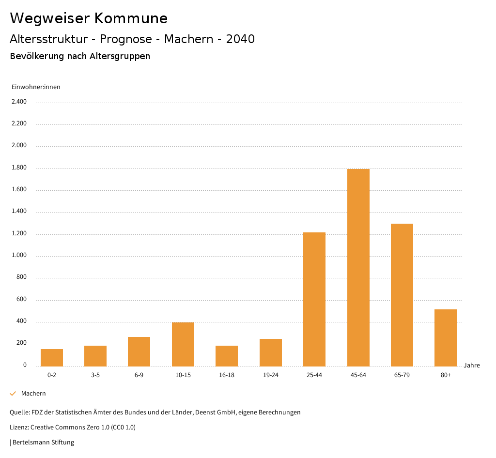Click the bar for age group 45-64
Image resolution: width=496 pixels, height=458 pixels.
coord(358,267)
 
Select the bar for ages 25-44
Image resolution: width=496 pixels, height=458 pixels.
coord(314,299)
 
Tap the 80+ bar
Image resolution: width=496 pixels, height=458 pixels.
coord(446,337)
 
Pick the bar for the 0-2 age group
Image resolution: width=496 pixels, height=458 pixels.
coord(52,357)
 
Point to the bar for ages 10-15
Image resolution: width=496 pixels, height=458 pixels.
coord(183,344)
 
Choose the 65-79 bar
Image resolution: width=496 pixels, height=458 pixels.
coord(402,295)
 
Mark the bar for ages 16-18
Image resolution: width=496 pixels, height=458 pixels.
coord(227,356)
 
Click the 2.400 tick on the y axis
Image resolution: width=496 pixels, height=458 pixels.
coord(19,102)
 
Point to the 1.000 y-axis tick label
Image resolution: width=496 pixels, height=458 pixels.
coord(19,256)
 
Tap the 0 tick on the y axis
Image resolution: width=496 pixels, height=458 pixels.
coord(25,365)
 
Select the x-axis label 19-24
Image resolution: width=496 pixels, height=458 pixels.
coord(271,375)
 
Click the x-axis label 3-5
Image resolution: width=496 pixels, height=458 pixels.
coord(95,375)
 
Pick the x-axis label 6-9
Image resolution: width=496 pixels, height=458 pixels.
coord(139,375)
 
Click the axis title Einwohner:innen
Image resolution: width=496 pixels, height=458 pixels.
coord(36,87)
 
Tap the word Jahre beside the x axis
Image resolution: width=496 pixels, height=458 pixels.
coord(472,366)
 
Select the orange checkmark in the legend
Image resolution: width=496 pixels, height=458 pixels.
coord(13,394)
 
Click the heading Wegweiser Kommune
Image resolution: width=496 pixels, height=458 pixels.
coord(89,18)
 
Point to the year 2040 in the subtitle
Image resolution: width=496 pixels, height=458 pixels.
coord(240,39)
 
